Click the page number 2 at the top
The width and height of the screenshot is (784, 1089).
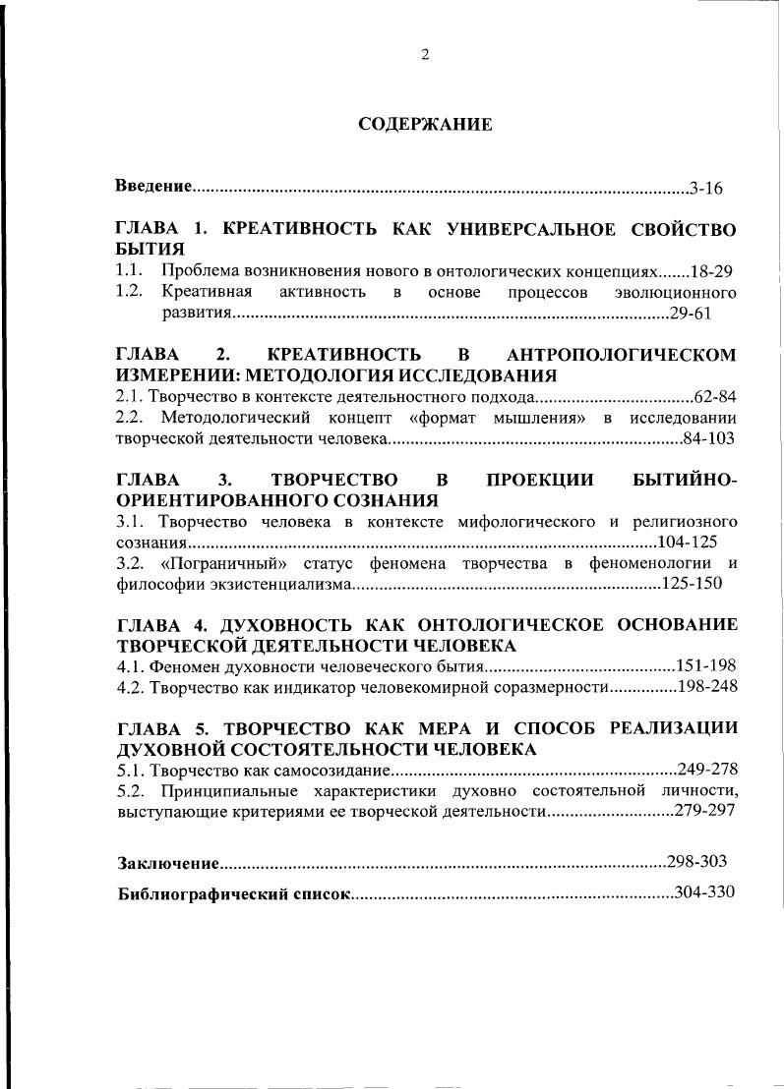[424, 55]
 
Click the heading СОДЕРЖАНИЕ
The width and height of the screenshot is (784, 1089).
[424, 125]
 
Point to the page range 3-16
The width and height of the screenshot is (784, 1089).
[706, 187]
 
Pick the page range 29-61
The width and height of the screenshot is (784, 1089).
[690, 314]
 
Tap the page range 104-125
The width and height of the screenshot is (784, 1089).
[688, 542]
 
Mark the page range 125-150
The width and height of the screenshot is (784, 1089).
[693, 584]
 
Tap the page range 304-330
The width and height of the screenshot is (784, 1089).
[705, 893]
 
